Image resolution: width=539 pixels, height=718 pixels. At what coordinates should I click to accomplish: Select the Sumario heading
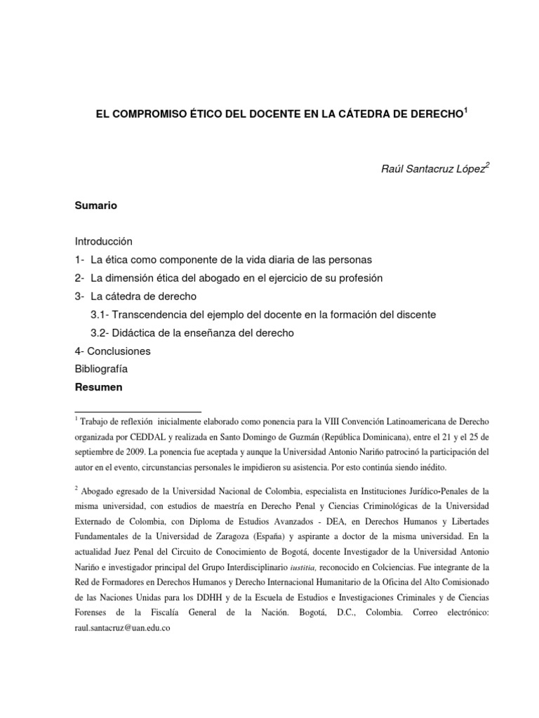(96, 206)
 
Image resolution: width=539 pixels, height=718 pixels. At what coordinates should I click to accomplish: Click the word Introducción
(103, 241)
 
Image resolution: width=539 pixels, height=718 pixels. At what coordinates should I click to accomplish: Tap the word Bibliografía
(101, 369)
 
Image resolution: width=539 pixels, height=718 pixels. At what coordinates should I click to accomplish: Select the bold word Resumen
(99, 387)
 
